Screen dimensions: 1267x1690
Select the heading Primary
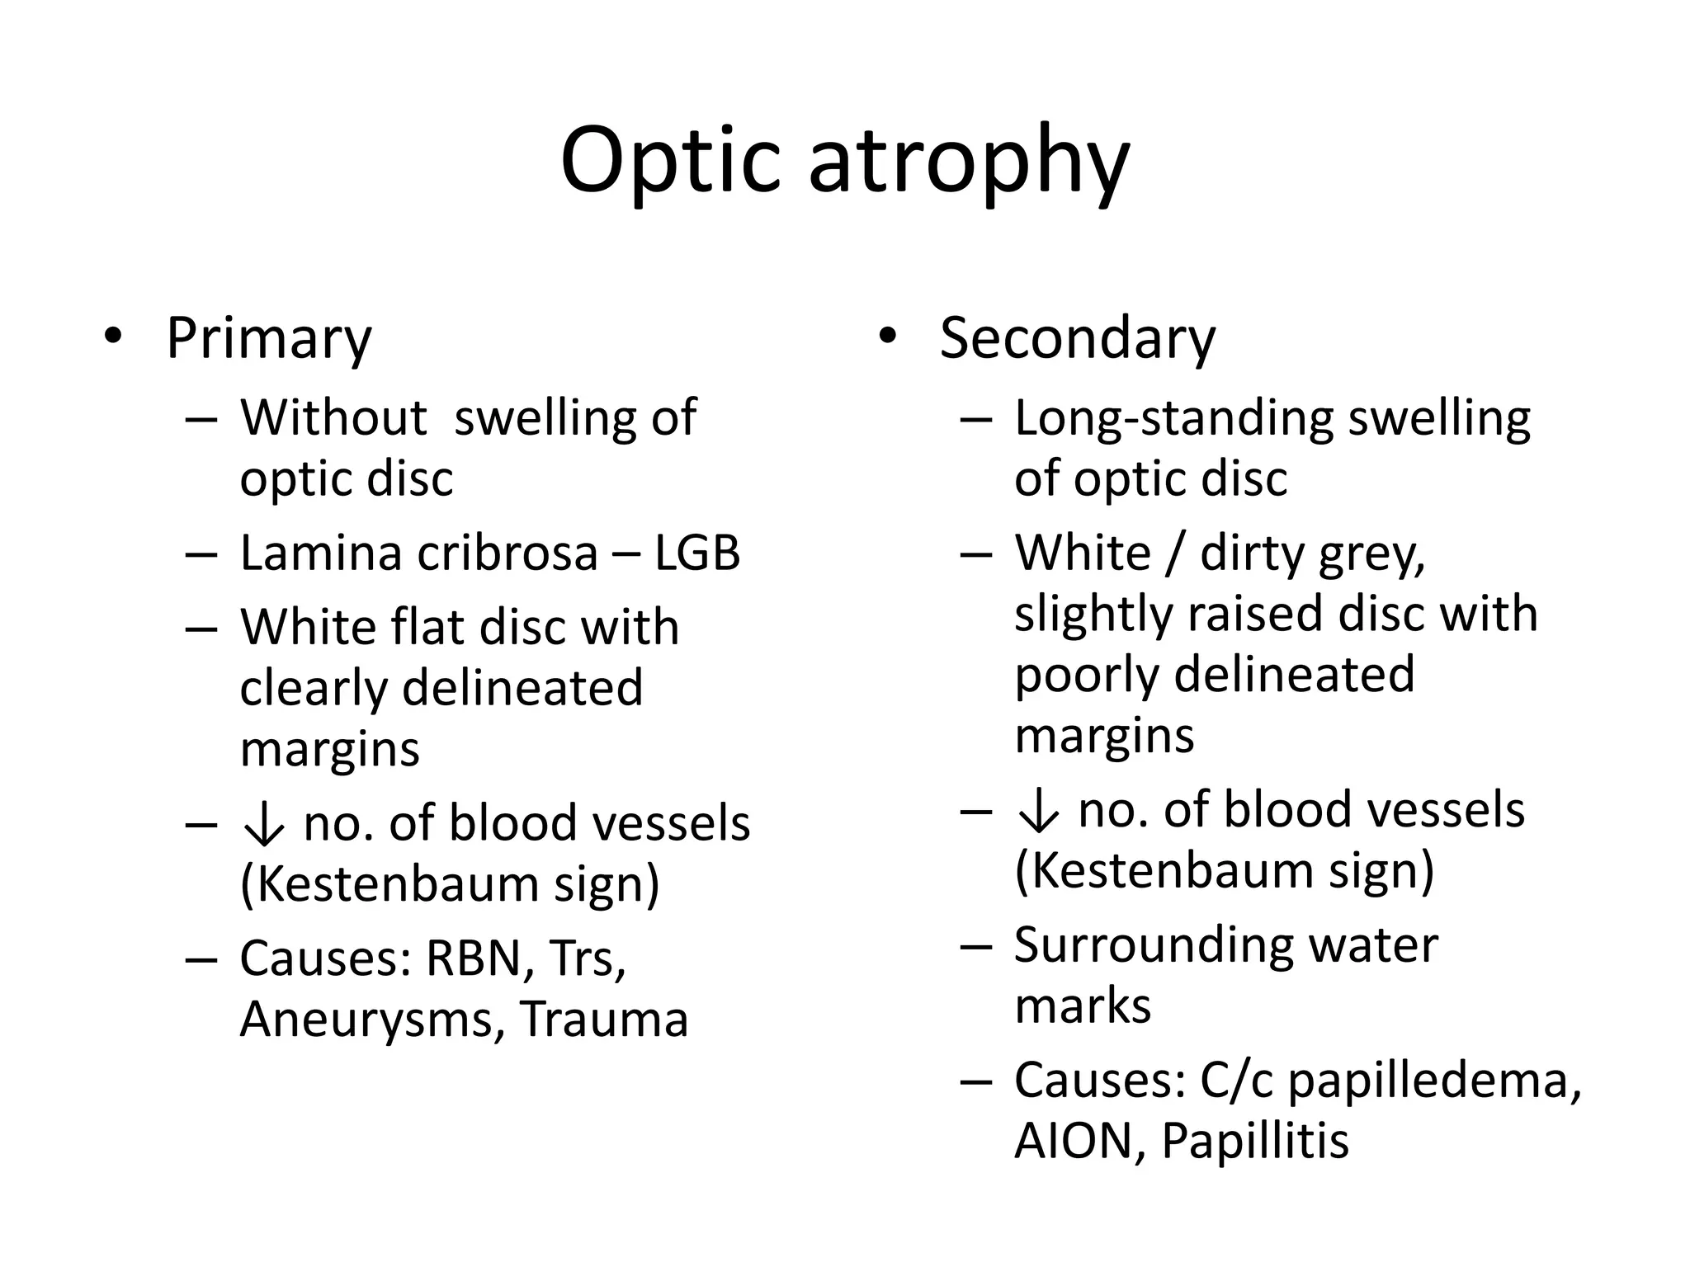click(269, 338)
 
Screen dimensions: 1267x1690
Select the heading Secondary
click(1077, 338)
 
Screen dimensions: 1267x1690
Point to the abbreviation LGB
click(697, 553)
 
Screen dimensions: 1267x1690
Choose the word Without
click(333, 417)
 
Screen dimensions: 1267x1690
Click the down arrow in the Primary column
click(264, 824)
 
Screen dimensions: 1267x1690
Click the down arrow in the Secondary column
click(1038, 810)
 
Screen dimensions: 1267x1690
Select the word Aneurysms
click(372, 1020)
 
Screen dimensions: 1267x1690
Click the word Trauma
click(604, 1020)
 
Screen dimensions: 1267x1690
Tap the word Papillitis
click(1255, 1141)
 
